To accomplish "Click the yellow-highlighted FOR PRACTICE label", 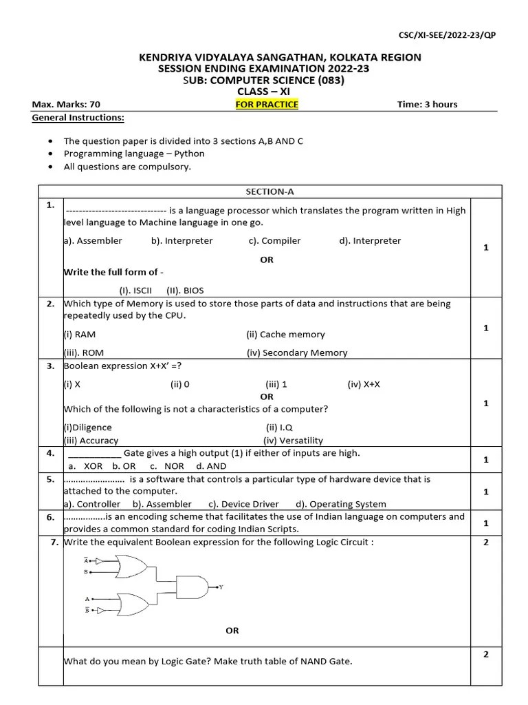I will pyautogui.click(x=267, y=105).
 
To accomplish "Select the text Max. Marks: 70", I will pyautogui.click(x=66, y=105).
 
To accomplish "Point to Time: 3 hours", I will pyautogui.click(x=427, y=105).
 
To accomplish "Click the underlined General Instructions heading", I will pyautogui.click(x=78, y=118).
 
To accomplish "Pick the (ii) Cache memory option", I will pyautogui.click(x=285, y=335).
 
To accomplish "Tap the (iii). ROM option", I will pyautogui.click(x=79, y=352).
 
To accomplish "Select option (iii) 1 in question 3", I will pyautogui.click(x=276, y=384).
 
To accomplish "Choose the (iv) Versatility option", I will pyautogui.click(x=293, y=441).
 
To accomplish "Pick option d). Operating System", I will pyautogui.click(x=341, y=504).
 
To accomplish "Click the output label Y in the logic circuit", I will pyautogui.click(x=221, y=587).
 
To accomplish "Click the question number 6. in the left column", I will pyautogui.click(x=50, y=517).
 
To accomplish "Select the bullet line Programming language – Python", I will pyautogui.click(x=134, y=154).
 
